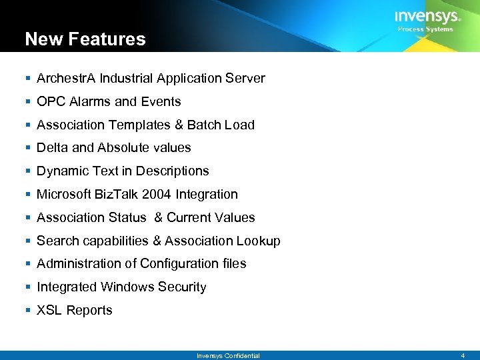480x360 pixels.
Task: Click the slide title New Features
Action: pyautogui.click(x=85, y=39)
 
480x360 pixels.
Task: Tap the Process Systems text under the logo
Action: pyautogui.click(x=425, y=29)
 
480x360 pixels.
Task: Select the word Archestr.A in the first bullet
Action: pyautogui.click(x=67, y=79)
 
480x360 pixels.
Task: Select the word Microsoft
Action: pyautogui.click(x=65, y=195)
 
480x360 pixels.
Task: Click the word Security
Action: pyautogui.click(x=182, y=287)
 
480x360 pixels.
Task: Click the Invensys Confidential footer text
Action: pyautogui.click(x=228, y=356)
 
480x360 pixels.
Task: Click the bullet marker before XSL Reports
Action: pyautogui.click(x=27, y=311)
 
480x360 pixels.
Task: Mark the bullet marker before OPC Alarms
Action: pyautogui.click(x=27, y=102)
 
